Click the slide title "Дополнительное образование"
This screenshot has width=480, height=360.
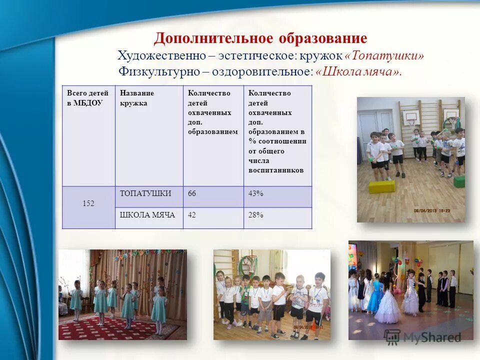[260, 38]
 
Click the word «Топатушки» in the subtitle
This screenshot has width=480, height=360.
[384, 55]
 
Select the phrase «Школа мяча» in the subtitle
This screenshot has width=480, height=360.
[358, 71]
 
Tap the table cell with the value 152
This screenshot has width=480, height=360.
[88, 203]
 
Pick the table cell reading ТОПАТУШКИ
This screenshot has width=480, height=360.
[148, 193]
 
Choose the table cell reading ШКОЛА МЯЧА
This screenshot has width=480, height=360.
[148, 215]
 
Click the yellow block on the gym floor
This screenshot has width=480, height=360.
[382, 187]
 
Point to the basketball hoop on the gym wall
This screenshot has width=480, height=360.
[410, 120]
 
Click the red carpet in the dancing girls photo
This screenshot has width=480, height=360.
[120, 330]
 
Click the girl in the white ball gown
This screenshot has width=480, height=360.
[388, 303]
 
